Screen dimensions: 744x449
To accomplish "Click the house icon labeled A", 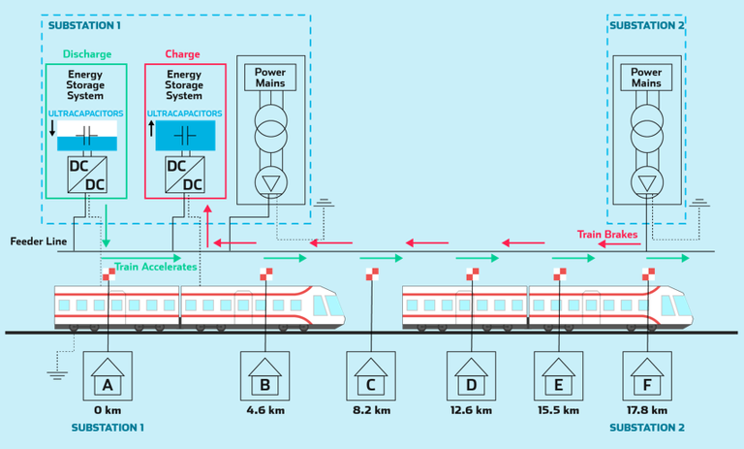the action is tap(108, 376).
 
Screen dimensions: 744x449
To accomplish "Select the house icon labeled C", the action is tap(371, 376).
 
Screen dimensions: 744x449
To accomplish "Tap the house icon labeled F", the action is tap(647, 376).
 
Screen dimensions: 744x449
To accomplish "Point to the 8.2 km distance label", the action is tap(371, 410).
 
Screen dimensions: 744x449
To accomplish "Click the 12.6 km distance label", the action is tap(471, 410).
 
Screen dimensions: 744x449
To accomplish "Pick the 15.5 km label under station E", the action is tap(558, 410).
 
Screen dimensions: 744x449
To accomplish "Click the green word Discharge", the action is tap(87, 54).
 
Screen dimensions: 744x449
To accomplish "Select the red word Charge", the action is tap(183, 54).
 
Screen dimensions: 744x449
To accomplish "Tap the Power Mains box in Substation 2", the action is tap(646, 78).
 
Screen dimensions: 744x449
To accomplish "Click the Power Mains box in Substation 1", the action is tap(270, 78).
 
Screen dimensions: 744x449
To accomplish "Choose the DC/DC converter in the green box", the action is tap(87, 175).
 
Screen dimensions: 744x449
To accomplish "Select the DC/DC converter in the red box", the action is tap(185, 175).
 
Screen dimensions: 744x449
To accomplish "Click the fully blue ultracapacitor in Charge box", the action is tap(186, 136).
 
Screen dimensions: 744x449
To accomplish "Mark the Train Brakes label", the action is tap(607, 235).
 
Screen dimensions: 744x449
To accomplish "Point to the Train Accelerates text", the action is tap(156, 267).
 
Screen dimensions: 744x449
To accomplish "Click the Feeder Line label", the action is tap(39, 241).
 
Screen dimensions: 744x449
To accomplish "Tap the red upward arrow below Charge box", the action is tap(207, 226).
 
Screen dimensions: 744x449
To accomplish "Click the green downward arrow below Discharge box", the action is tap(107, 226).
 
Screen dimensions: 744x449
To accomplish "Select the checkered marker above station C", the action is tap(372, 274).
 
